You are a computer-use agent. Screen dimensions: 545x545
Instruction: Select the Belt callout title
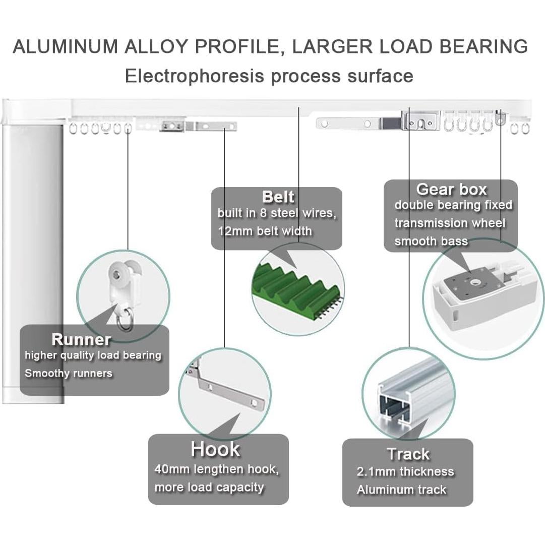click(278, 196)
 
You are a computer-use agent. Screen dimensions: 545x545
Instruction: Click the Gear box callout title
click(451, 190)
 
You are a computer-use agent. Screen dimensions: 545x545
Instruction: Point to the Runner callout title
click(81, 339)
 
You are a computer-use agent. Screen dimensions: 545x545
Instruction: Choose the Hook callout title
click(215, 449)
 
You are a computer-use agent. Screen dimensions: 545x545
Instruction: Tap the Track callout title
click(408, 454)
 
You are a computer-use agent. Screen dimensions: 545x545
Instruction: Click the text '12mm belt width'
click(265, 231)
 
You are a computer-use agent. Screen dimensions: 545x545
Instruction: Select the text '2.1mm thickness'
click(405, 472)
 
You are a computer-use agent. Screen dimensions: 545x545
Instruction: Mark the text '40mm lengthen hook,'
click(216, 469)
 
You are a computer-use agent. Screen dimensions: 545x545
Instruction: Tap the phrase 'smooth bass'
click(431, 241)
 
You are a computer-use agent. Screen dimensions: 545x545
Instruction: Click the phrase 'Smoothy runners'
click(69, 374)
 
